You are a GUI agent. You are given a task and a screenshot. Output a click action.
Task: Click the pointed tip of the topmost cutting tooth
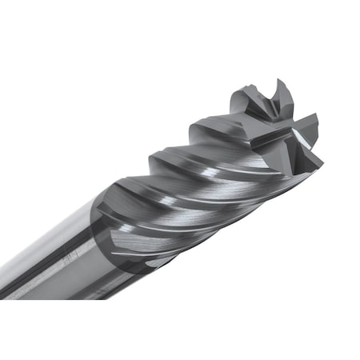[x=278, y=79]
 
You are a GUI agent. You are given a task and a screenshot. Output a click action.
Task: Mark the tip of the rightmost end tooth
[x=322, y=154]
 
